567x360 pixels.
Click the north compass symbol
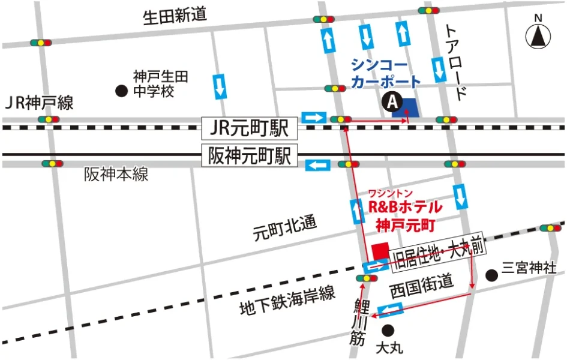click(x=538, y=37)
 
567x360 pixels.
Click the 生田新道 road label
click(x=175, y=16)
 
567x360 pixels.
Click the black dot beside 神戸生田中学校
click(x=121, y=91)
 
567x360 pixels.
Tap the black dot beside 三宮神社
click(x=491, y=276)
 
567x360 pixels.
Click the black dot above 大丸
click(x=388, y=329)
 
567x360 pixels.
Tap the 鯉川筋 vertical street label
click(x=360, y=321)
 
